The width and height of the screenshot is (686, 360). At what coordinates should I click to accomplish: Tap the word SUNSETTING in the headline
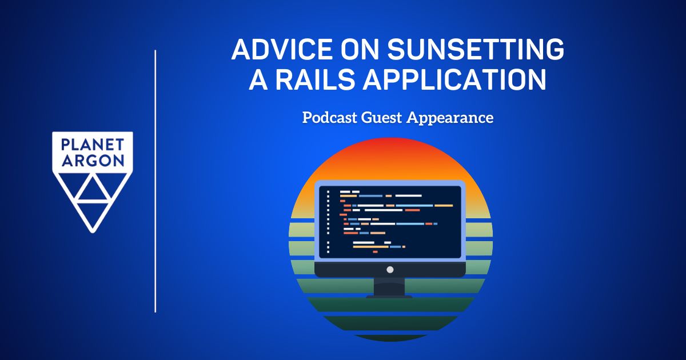pyautogui.click(x=476, y=49)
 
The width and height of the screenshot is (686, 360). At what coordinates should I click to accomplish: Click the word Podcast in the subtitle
pyautogui.click(x=329, y=118)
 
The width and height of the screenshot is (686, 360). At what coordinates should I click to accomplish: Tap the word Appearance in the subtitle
pyautogui.click(x=449, y=118)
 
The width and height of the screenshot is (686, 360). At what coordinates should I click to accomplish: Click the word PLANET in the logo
pyautogui.click(x=93, y=145)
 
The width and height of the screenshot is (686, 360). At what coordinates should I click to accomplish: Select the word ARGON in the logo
pyautogui.click(x=93, y=161)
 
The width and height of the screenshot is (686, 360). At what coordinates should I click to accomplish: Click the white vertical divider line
pyautogui.click(x=155, y=181)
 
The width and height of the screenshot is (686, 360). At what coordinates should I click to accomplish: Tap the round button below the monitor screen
pyautogui.click(x=390, y=270)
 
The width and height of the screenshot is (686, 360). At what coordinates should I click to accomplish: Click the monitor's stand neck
pyautogui.click(x=389, y=286)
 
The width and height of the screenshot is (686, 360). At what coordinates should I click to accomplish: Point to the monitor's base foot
pyautogui.click(x=389, y=297)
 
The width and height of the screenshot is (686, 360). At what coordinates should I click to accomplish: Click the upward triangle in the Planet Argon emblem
pyautogui.click(x=93, y=190)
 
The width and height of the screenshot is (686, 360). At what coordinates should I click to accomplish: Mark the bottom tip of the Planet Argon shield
pyautogui.click(x=93, y=233)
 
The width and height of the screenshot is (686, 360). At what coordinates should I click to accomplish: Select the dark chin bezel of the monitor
pyautogui.click(x=390, y=269)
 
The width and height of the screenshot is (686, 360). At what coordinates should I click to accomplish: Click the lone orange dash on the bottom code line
pyautogui.click(x=375, y=252)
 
